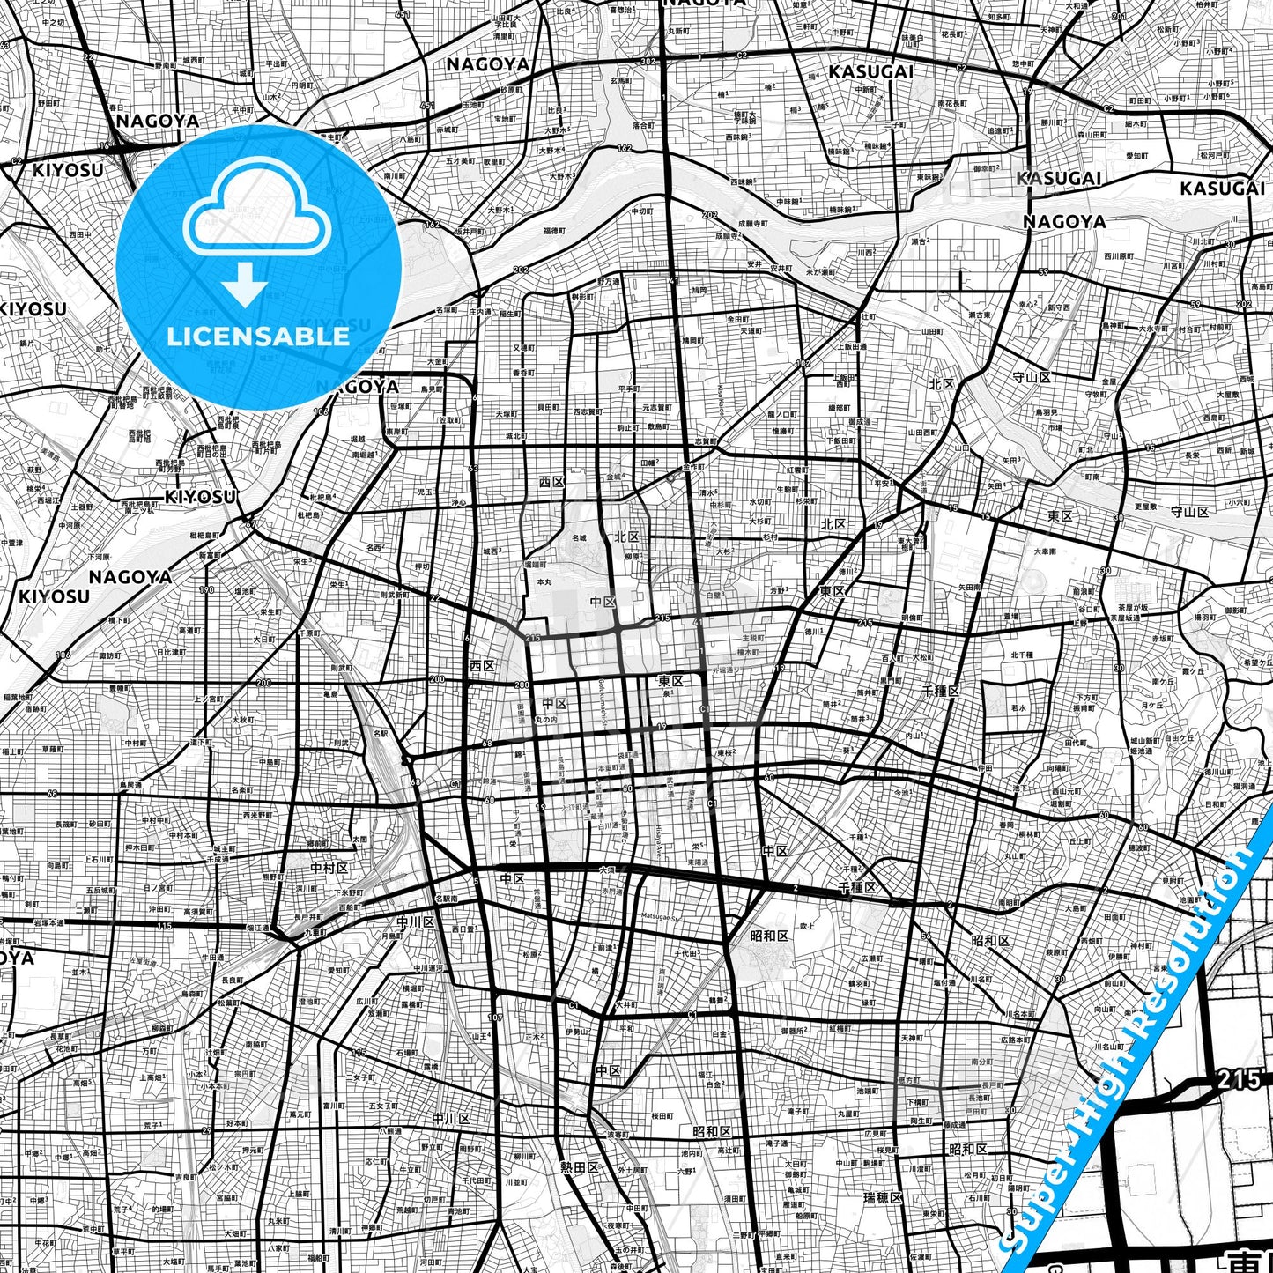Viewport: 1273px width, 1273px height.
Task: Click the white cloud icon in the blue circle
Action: point(257,211)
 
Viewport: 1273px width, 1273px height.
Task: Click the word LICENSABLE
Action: point(258,336)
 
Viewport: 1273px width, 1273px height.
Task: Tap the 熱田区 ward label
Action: point(579,1166)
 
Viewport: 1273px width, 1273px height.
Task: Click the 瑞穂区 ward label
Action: point(883,1198)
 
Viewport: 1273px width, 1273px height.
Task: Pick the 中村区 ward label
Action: point(329,868)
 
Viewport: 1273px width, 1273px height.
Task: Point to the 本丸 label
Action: point(545,582)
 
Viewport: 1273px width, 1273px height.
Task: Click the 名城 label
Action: point(578,537)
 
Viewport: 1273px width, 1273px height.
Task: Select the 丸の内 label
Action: point(545,720)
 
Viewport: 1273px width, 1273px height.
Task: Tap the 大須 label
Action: point(607,870)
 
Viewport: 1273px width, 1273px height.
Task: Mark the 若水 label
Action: point(1018,707)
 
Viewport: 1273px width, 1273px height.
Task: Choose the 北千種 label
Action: point(1022,655)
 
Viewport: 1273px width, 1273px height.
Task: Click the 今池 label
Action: point(900,793)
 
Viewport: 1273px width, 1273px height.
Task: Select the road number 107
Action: point(495,1018)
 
